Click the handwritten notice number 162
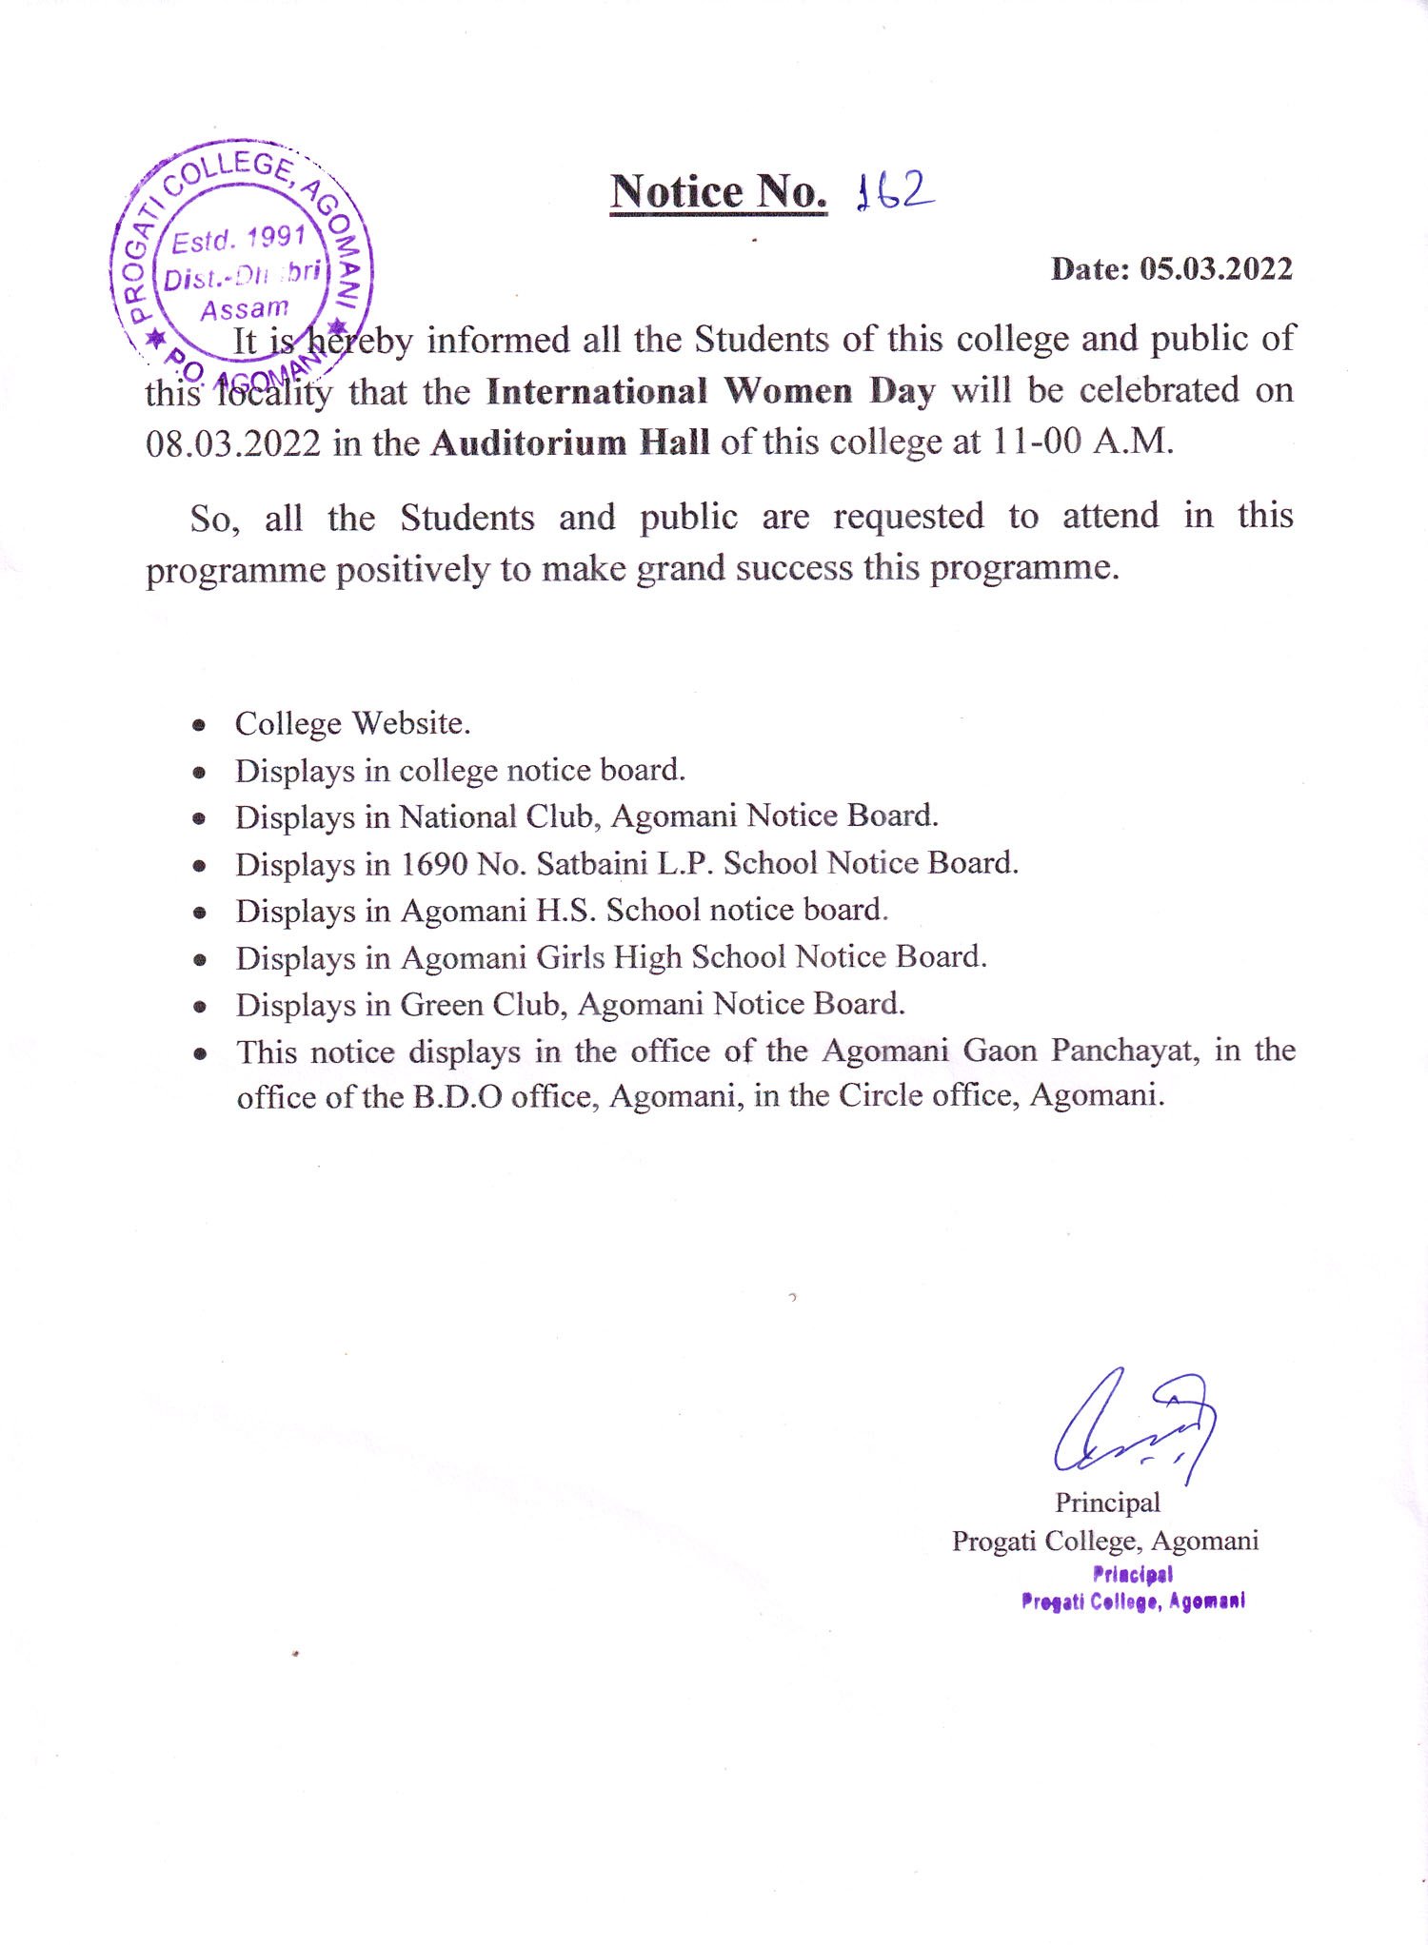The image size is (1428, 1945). point(895,191)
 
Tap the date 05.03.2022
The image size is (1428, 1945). point(1216,269)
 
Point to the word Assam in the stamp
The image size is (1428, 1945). point(245,309)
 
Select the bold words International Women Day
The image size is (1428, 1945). point(710,391)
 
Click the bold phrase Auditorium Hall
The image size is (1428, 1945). point(569,443)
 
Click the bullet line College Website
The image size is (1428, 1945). point(352,723)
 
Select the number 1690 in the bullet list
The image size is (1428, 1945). point(434,864)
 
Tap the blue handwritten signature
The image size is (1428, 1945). point(1133,1424)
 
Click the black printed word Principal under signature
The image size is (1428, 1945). point(1107,1503)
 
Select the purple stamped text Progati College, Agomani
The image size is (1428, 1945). point(1133,1601)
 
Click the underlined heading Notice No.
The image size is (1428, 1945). point(719,192)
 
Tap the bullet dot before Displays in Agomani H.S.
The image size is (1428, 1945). point(199,913)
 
